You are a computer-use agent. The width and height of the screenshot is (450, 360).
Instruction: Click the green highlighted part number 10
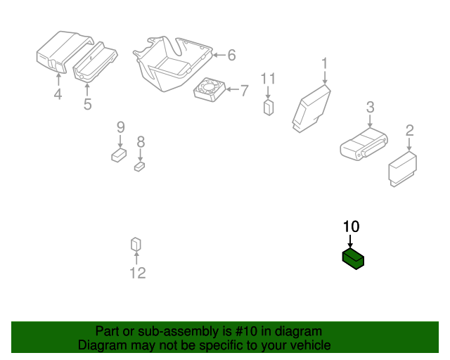[353, 259]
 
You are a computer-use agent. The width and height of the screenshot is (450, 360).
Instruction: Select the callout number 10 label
[351, 226]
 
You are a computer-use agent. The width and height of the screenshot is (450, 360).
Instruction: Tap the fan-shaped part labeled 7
[210, 89]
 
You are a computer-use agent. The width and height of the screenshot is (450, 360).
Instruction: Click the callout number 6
[231, 55]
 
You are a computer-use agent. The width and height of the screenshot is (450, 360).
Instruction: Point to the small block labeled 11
[269, 108]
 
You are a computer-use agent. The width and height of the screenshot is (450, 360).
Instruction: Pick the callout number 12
[138, 273]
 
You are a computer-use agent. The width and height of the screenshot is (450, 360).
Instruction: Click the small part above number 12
[136, 244]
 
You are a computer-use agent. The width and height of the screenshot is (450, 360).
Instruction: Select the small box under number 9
[119, 155]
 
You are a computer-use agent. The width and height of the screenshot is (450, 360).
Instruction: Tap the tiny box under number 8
[139, 167]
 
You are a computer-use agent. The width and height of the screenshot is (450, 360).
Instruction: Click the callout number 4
[58, 94]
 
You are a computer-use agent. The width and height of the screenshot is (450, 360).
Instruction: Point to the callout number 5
[87, 104]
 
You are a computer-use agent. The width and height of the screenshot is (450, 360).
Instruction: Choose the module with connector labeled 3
[364, 144]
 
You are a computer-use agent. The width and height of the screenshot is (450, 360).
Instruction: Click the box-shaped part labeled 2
[402, 169]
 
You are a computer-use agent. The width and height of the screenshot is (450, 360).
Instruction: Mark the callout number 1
[324, 63]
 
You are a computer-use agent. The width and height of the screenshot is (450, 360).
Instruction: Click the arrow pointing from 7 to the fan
[233, 89]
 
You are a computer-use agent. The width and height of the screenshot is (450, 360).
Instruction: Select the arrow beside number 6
[219, 55]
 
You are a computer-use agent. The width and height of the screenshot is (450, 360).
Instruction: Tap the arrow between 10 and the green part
[350, 241]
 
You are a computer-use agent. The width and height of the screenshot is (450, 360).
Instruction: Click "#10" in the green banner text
[245, 331]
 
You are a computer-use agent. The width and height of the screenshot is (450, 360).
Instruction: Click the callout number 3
[371, 107]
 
